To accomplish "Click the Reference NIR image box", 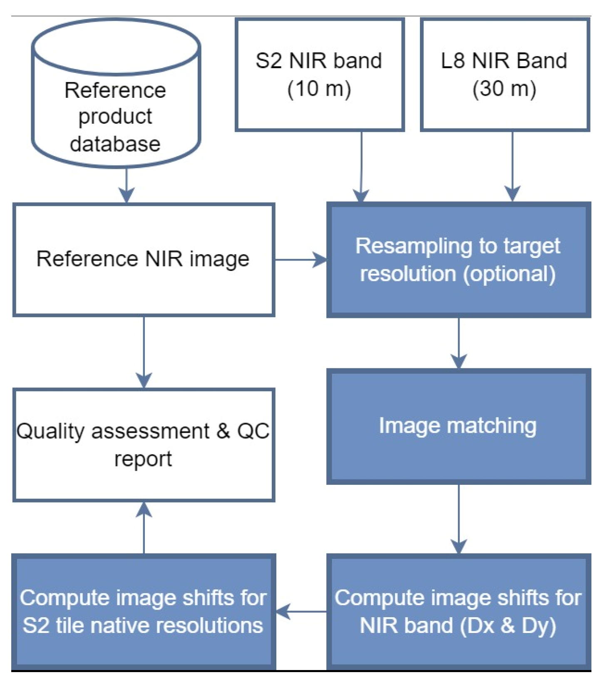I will pos(144,259).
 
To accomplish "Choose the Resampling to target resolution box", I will pos(458,259).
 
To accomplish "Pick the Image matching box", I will pos(458,426).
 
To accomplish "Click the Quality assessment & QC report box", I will pos(144,444).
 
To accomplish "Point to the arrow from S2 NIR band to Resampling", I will pos(361,166).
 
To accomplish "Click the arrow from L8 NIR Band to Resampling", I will pos(512,166).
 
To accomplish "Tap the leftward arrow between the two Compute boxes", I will pos(301,611).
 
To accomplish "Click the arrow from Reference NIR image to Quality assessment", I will pos(144,352).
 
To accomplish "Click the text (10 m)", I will pos(319,89).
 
